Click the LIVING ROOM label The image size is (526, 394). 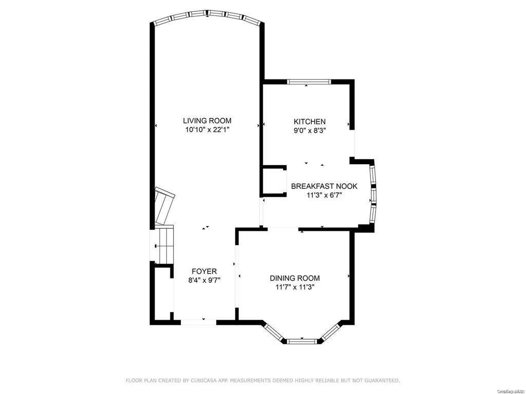(x=207, y=121)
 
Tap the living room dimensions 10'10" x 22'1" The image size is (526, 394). (x=207, y=130)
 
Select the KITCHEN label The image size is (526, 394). (x=310, y=122)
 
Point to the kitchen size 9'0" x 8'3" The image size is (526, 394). (x=310, y=130)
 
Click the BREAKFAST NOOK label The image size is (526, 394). (x=324, y=186)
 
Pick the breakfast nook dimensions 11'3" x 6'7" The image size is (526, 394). (x=324, y=195)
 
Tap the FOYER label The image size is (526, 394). (x=204, y=271)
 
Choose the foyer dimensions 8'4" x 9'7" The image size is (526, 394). (x=204, y=280)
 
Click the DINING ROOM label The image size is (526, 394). (x=295, y=278)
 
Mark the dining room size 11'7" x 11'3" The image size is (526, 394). (x=295, y=287)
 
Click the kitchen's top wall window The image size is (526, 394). (x=309, y=82)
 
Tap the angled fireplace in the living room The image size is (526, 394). (x=164, y=206)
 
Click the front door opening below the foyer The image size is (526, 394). (x=199, y=322)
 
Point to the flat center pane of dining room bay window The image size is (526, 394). (x=302, y=341)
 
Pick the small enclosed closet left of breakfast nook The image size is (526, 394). (x=273, y=181)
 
